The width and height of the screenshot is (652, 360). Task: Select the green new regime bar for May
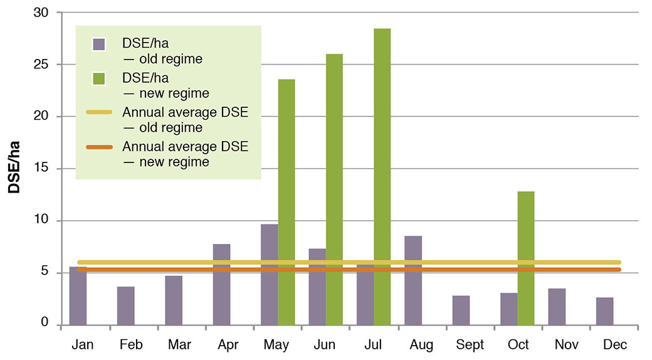(287, 201)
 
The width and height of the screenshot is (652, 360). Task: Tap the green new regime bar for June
(334, 188)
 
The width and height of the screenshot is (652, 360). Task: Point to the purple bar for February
(125, 306)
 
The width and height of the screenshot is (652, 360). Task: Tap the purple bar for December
(604, 311)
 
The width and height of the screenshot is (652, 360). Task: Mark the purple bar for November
(557, 307)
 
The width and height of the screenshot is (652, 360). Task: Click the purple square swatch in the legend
(98, 45)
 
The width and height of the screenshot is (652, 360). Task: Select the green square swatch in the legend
(98, 79)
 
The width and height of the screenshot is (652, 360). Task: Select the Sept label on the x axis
(470, 345)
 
